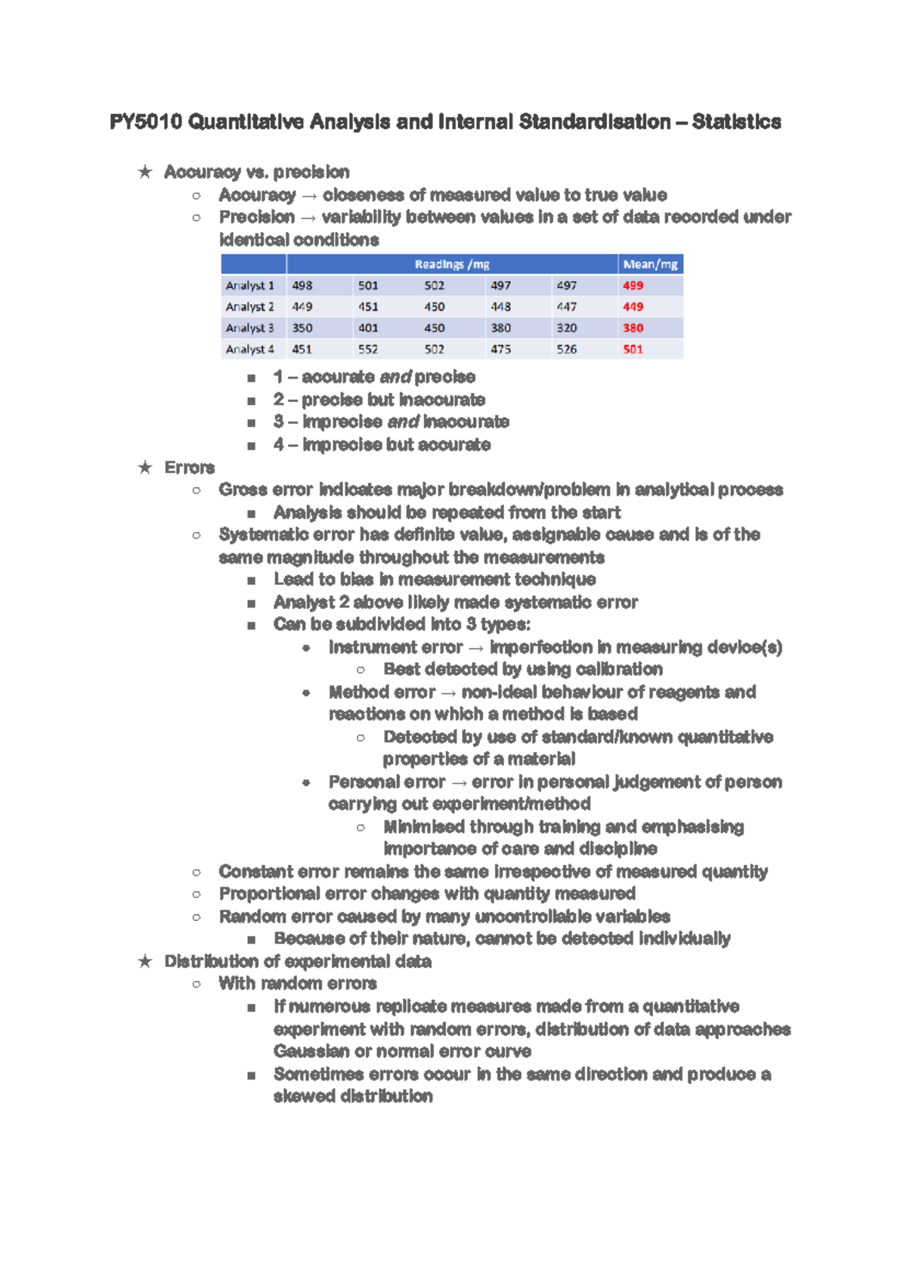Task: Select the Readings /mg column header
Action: (x=451, y=264)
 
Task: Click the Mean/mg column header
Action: (x=650, y=264)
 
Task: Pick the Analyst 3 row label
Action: (x=249, y=328)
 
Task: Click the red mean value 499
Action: (x=633, y=286)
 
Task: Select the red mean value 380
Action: (x=633, y=328)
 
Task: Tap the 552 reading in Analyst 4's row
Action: (x=368, y=349)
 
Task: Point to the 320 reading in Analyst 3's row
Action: (x=566, y=328)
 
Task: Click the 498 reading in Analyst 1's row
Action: (x=302, y=286)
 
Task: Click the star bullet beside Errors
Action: (x=145, y=468)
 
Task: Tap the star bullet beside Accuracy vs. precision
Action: (x=145, y=172)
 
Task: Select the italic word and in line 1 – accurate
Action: (x=395, y=376)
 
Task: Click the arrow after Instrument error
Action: (x=475, y=648)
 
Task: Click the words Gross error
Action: (x=265, y=490)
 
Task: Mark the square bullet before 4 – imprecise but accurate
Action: (x=251, y=445)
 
